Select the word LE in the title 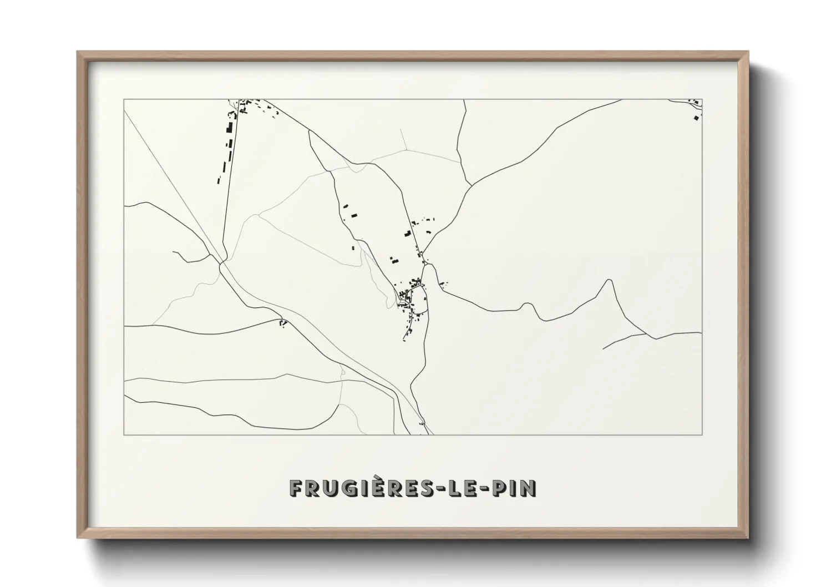pos(465,488)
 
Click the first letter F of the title pos(295,488)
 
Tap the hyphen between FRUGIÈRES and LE pos(444,489)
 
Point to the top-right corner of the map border pos(702,100)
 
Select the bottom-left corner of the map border pos(124,434)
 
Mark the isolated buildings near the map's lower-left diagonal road pos(283,322)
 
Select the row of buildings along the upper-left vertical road pos(228,141)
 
